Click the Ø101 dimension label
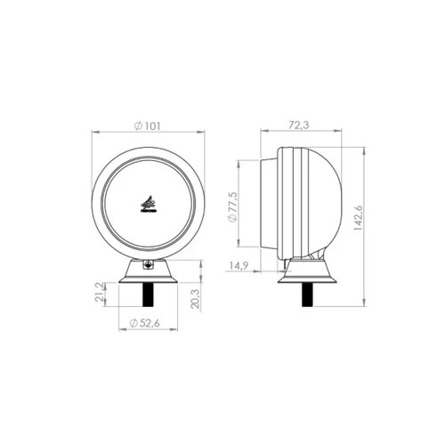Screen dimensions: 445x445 tap(147, 126)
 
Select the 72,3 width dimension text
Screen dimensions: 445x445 tap(299, 125)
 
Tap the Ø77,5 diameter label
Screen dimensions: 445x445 tap(232, 206)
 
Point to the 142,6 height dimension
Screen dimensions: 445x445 tap(359, 218)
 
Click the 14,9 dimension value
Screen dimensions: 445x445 tap(239, 266)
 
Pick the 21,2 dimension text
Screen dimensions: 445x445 tap(100, 292)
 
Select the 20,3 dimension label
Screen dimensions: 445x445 tap(196, 299)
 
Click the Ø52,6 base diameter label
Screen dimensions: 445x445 tap(145, 323)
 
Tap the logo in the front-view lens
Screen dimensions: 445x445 tap(148, 204)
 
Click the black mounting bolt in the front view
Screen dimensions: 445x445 tap(148, 295)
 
